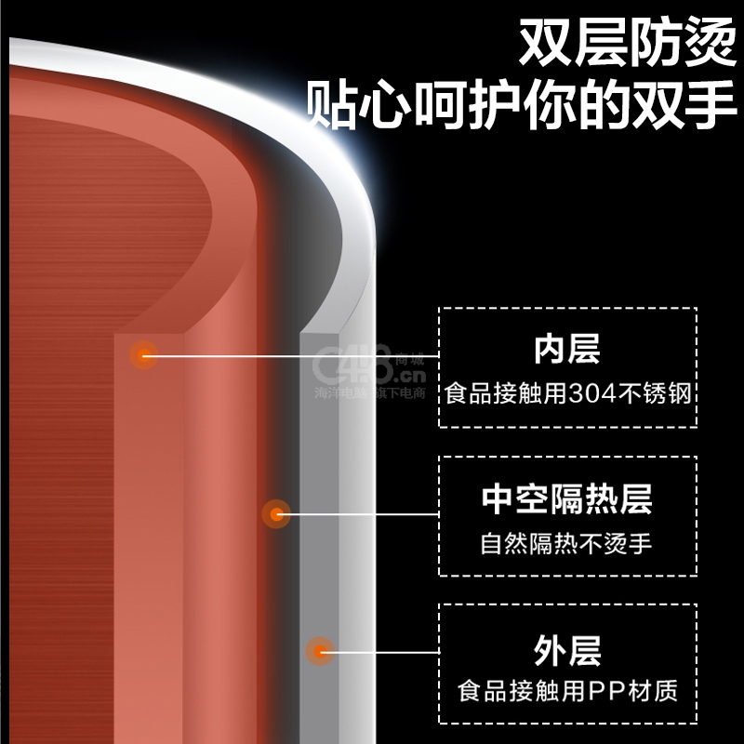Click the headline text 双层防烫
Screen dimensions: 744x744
[627, 42]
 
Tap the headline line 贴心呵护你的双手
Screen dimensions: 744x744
[521, 104]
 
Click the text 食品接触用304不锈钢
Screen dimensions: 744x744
[567, 392]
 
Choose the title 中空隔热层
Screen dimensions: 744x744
[567, 498]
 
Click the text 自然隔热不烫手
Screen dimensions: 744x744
[566, 543]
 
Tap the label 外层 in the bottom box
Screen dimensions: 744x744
[567, 650]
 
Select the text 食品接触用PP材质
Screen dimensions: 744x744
[567, 691]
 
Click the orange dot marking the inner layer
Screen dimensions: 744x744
[144, 355]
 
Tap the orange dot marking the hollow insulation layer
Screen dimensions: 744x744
[276, 514]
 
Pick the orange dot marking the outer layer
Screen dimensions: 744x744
[320, 652]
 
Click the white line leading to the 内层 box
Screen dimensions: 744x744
[291, 355]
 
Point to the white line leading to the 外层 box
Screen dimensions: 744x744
[379, 652]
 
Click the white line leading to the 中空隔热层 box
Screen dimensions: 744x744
[358, 514]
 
